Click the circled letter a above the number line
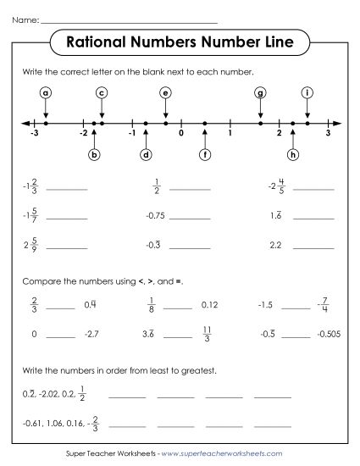46,92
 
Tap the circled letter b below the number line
94,154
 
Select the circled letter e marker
165,92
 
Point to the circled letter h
293,154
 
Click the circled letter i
307,92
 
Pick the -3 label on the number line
34,134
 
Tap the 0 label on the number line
180,134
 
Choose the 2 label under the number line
279,134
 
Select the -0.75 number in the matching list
155,215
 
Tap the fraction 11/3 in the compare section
207,334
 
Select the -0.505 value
326,335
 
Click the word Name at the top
26,18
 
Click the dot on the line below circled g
261,124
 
